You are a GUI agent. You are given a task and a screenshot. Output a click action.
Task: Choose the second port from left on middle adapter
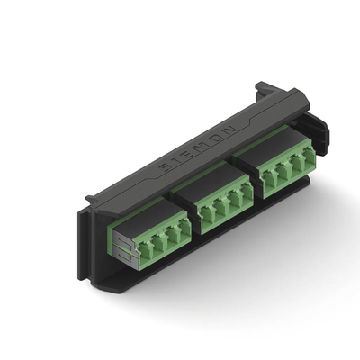click(220, 211)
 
